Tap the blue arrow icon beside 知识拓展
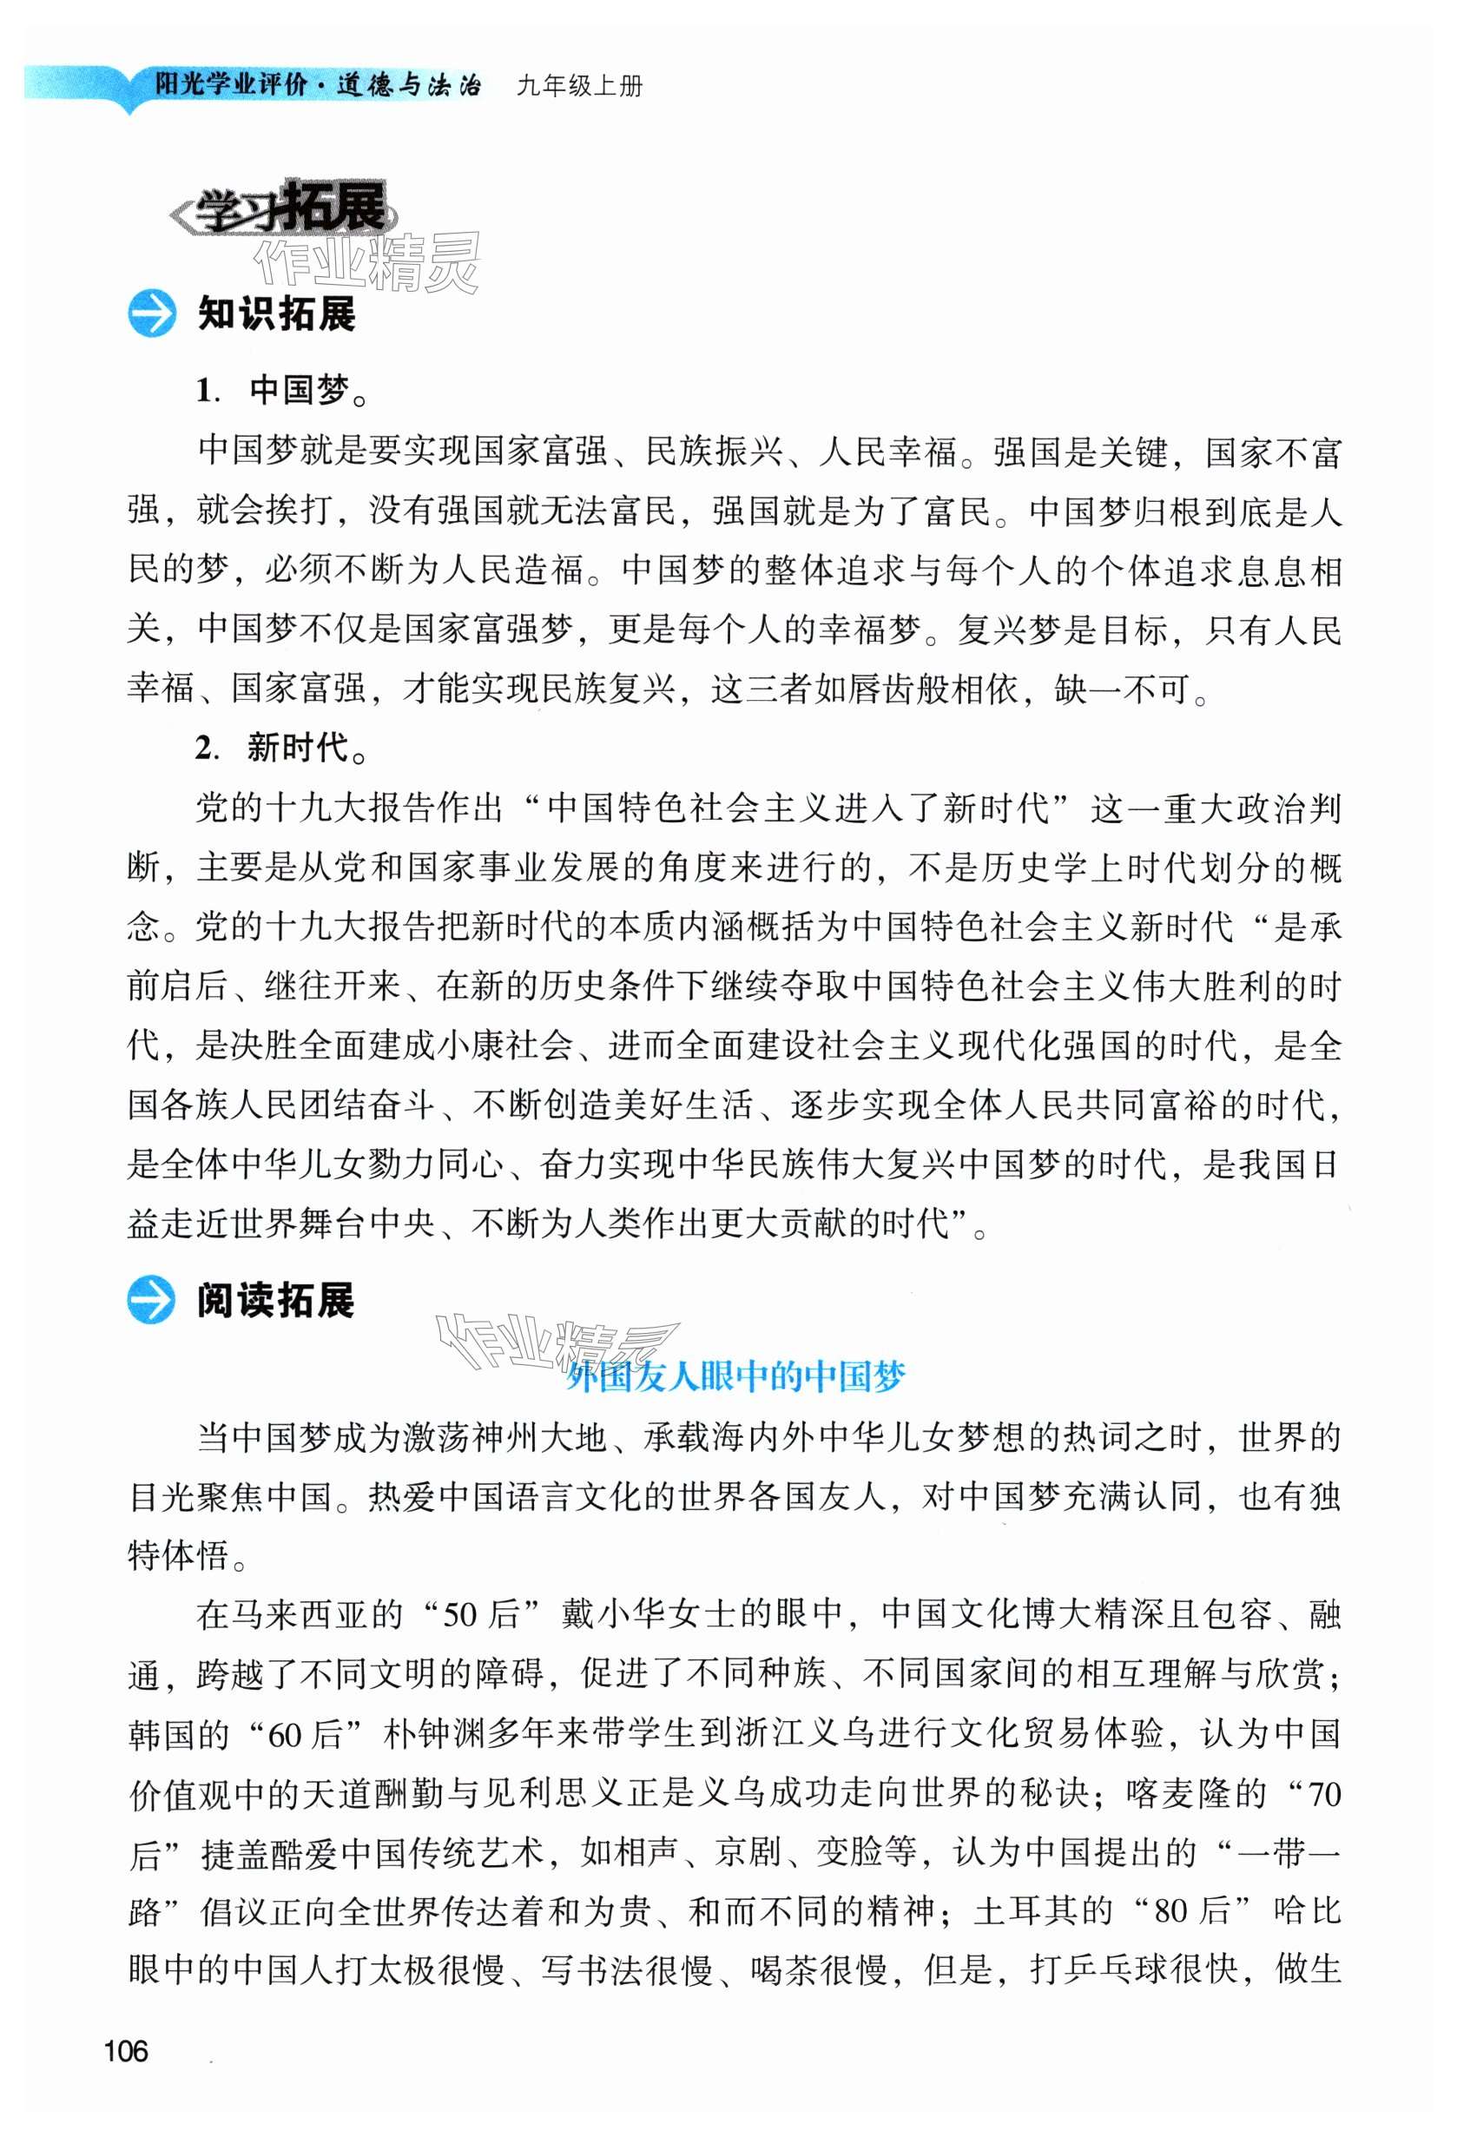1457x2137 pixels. point(152,313)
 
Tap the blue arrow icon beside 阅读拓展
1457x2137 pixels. point(151,1300)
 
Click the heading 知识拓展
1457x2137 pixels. point(277,313)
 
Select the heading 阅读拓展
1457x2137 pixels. point(276,1300)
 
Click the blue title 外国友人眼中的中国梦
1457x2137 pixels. point(735,1375)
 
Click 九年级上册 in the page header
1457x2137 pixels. point(579,87)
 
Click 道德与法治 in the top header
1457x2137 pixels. point(408,85)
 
